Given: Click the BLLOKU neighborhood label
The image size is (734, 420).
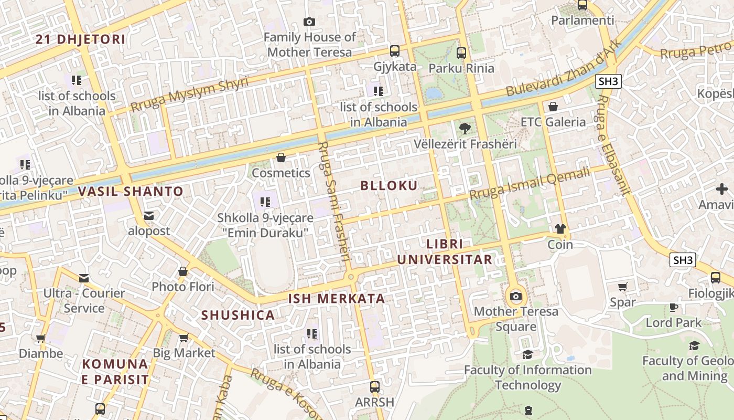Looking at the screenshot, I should coord(389,185).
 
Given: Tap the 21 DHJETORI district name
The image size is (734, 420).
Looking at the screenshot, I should coord(81,39).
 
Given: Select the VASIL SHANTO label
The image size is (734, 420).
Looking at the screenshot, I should coord(131,191).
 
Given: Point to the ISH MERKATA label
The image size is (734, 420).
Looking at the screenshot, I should coord(337,299).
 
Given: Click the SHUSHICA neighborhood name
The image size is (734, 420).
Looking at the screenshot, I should coord(238,315).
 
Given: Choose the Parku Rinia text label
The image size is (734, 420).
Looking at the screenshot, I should coord(461,68).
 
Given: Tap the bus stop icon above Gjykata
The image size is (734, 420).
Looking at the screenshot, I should coord(395,51).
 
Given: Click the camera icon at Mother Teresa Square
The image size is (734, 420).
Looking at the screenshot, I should coord(516,296).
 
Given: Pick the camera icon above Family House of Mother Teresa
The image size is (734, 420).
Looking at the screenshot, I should coord(309,22).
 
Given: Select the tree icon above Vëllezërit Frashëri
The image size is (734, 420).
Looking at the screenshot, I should coord(465,128).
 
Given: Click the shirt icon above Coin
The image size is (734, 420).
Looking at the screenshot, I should coord(560,229).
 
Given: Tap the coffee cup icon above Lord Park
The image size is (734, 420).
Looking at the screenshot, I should coord(674,307).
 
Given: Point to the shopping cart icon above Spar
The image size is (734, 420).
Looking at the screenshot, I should coord(623,287).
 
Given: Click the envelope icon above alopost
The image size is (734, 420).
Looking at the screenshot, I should coord(149,215).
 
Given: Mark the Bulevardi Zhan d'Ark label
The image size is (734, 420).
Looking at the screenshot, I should coord(564,68).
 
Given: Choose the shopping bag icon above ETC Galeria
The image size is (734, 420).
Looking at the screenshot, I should coord(553,107).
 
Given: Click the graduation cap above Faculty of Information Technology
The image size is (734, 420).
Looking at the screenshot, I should coord(527,355).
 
